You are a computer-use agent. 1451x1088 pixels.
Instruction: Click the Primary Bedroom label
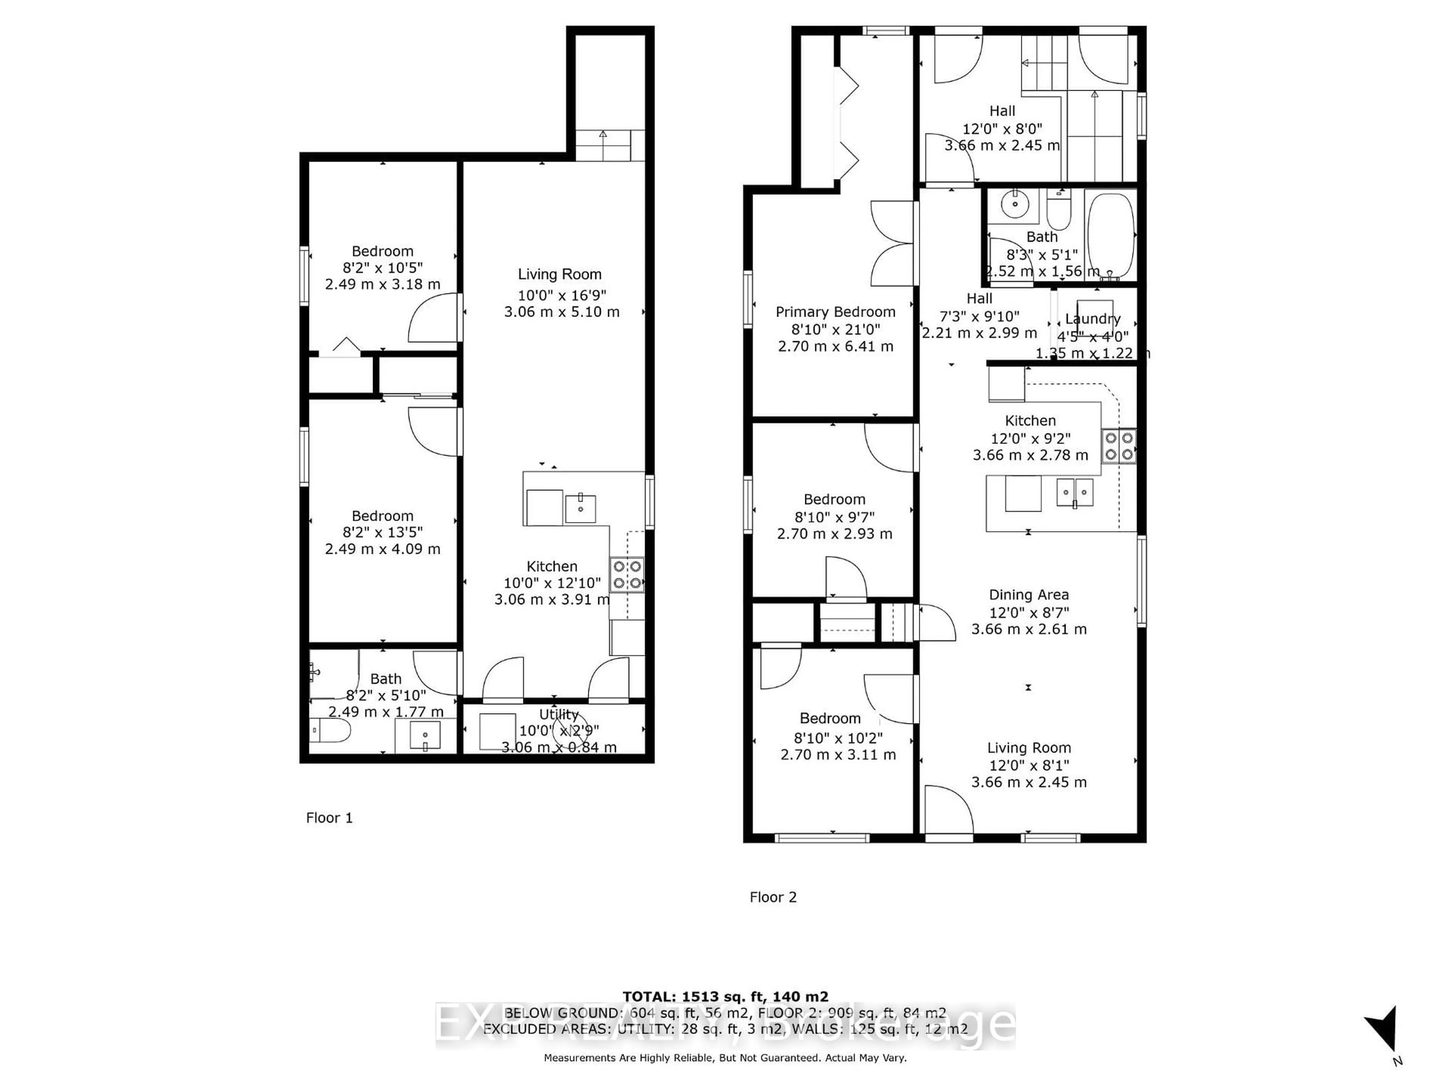(x=835, y=312)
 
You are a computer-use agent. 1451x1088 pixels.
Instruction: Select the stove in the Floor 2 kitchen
(x=1118, y=446)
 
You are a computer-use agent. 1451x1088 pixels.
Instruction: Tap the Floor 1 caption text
(x=329, y=818)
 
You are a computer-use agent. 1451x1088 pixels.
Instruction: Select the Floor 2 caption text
(x=773, y=897)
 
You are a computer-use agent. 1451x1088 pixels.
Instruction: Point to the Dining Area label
(x=1029, y=595)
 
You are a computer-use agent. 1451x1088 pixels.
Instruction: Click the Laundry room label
(x=1092, y=319)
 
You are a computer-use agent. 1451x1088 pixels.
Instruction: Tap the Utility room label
(x=559, y=714)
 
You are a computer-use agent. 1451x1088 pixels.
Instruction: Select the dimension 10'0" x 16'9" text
(x=562, y=295)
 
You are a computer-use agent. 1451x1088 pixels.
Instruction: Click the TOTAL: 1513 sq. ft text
(x=725, y=997)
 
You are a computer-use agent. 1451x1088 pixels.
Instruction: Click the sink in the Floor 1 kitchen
(x=580, y=508)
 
